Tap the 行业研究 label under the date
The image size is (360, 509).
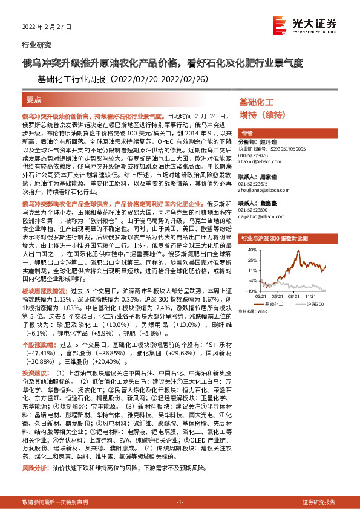pos(36,45)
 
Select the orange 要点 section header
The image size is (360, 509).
pos(34,98)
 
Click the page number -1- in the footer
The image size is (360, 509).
pos(180,503)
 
